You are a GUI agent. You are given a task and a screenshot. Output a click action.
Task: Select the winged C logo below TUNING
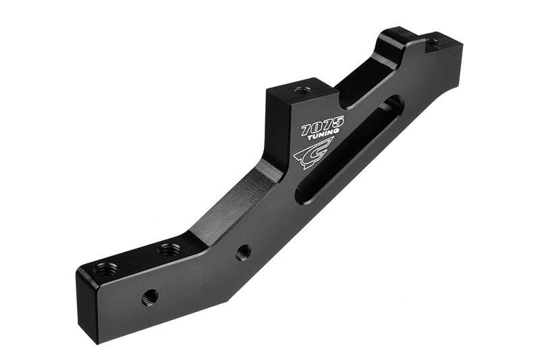[313, 153]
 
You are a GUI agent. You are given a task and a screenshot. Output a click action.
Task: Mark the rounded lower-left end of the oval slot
[302, 195]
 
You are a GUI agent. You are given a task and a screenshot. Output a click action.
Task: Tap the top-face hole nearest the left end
[105, 269]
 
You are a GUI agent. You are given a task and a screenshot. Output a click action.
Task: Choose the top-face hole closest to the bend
[169, 250]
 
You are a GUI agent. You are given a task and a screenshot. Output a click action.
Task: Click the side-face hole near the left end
[150, 296]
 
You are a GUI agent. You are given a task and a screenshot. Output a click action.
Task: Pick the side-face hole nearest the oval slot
[243, 252]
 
